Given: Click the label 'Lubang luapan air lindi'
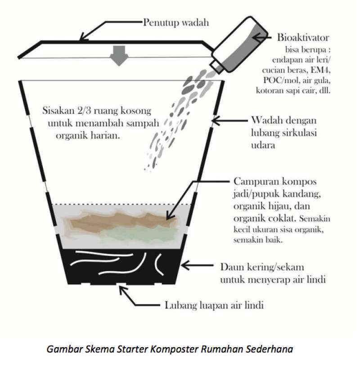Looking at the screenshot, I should tap(212, 305).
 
